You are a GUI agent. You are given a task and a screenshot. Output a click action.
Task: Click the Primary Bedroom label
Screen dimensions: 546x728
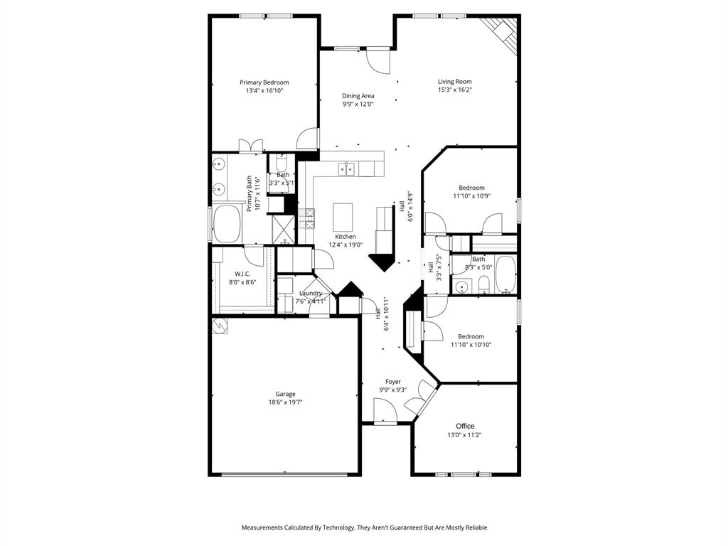(x=264, y=82)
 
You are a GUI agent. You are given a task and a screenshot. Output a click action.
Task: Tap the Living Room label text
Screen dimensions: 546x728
(x=454, y=82)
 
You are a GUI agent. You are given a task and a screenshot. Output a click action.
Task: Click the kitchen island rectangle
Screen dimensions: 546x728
(x=343, y=213)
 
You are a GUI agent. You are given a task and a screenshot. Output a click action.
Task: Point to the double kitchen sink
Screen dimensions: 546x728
(x=347, y=168)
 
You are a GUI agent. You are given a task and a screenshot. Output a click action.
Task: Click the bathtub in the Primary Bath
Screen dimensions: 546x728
(x=226, y=223)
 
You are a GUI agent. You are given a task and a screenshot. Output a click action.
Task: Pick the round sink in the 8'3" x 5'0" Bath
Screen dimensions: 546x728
(x=463, y=287)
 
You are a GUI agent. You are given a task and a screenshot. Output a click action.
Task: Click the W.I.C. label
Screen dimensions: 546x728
(x=242, y=274)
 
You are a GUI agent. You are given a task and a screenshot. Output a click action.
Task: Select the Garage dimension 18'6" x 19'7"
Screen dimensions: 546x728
(x=285, y=402)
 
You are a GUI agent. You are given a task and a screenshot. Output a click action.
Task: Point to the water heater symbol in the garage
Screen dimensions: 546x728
(x=220, y=326)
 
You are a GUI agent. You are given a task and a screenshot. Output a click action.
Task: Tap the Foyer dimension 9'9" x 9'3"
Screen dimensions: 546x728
(x=393, y=390)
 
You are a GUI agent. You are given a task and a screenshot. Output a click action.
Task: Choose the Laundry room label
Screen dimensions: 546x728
(x=311, y=293)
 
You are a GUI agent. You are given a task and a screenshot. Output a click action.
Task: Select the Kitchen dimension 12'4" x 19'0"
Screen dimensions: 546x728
(x=346, y=245)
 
